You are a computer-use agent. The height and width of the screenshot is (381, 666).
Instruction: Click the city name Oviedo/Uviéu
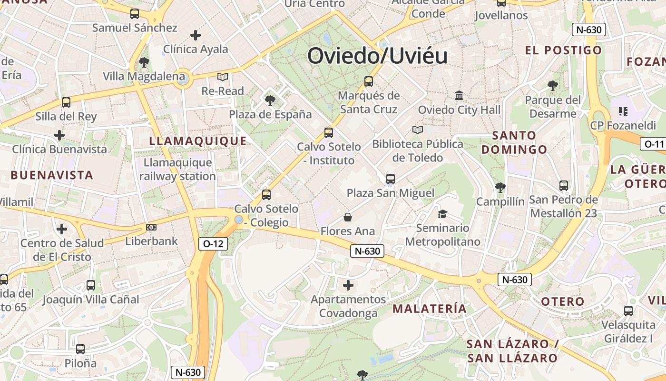pos(377,56)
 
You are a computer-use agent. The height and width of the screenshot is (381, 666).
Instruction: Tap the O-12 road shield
pos(213,244)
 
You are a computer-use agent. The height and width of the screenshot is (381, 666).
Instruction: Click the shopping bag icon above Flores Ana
pos(348,217)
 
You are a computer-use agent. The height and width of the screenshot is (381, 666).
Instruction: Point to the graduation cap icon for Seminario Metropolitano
pos(442,214)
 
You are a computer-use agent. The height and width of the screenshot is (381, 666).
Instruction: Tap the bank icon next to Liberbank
pos(151,227)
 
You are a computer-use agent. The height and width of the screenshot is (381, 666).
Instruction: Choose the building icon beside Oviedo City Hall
pos(459,96)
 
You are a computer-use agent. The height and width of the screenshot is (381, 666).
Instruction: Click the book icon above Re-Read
pos(223,77)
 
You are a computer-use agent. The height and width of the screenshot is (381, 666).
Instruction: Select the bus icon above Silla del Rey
pos(66,102)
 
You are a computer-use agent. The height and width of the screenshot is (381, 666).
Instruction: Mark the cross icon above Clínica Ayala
pos(196,35)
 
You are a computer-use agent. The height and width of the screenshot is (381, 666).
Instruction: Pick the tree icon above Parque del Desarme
pos(552,86)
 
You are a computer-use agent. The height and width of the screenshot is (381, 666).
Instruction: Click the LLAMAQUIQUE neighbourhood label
pos(198,141)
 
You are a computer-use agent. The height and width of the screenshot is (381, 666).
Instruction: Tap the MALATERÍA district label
pos(429,308)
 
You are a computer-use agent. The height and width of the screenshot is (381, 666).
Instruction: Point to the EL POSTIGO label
pos(563,50)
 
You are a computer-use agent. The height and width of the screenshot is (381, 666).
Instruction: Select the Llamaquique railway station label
pos(178,170)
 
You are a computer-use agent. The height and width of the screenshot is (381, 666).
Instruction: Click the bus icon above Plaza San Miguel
pos(391,179)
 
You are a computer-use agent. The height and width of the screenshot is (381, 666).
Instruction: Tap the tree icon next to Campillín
pos(500,187)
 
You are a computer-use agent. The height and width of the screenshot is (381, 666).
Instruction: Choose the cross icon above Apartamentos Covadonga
pos(348,285)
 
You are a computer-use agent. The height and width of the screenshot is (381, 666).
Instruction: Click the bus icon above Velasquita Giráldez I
pos(628,311)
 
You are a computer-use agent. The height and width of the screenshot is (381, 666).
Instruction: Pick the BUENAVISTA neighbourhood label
pos(52,175)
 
